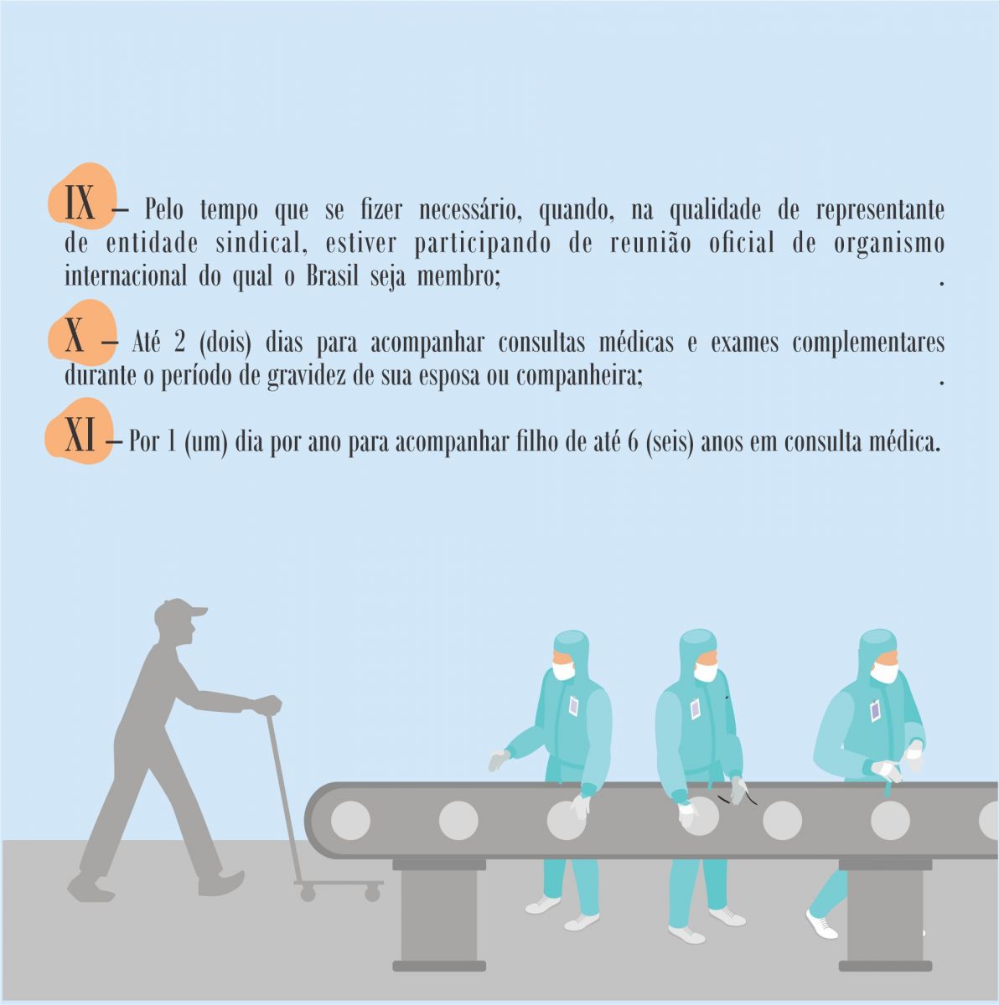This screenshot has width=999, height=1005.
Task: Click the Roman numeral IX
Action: point(80,202)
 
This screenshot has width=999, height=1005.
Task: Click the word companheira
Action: point(579,376)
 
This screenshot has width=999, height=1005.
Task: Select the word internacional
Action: point(125,276)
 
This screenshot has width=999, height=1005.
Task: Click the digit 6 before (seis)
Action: point(633,441)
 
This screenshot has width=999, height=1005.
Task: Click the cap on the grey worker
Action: point(180,611)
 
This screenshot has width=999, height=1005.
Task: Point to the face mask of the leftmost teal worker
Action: point(563,670)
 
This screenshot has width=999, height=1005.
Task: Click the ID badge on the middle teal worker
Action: point(696,709)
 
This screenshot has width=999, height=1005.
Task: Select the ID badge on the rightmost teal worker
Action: point(875,711)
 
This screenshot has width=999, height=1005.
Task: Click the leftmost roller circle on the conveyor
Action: point(350,819)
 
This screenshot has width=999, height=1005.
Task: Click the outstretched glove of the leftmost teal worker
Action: point(499,760)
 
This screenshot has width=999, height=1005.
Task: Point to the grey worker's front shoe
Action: point(221,881)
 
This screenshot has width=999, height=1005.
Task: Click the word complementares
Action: point(868,343)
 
